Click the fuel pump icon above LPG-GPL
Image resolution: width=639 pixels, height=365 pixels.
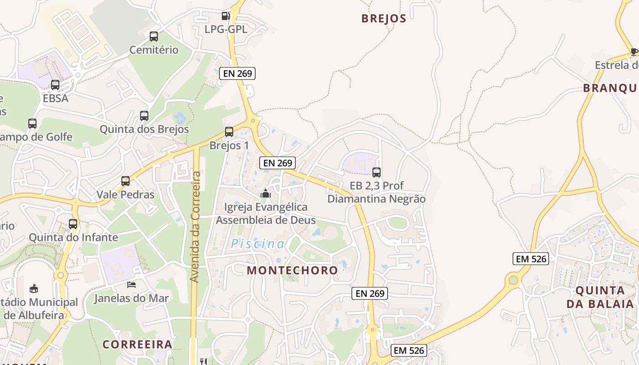[225, 16]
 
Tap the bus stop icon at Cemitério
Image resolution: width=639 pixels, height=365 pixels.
[154, 36]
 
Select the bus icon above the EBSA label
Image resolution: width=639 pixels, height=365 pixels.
[55, 84]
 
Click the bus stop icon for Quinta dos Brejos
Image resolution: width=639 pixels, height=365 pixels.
[144, 116]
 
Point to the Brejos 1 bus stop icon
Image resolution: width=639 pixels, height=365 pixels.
[229, 132]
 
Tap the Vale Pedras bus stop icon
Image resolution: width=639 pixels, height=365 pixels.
[126, 181]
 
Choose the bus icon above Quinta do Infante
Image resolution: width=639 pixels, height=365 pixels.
[73, 224]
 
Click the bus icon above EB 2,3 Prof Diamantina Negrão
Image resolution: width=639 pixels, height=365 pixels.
[377, 172]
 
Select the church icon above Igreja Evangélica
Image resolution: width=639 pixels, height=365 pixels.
[265, 194]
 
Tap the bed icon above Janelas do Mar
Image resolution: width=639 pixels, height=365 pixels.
[131, 285]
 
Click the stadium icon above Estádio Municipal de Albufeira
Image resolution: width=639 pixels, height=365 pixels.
[34, 288]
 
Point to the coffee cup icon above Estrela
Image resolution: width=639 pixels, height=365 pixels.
[634, 52]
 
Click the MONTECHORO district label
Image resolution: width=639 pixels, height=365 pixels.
[293, 270]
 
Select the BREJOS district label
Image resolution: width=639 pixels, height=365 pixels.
[383, 19]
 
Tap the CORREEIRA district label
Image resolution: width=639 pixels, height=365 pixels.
[137, 344]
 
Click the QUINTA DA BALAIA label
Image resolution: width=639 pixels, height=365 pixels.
[600, 297]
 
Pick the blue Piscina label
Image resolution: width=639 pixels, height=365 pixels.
[257, 244]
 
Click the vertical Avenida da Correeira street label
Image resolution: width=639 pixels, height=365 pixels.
[195, 227]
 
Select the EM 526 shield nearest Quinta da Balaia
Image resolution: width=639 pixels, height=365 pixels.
[530, 259]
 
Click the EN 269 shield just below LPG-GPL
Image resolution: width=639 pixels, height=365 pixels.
[237, 73]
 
